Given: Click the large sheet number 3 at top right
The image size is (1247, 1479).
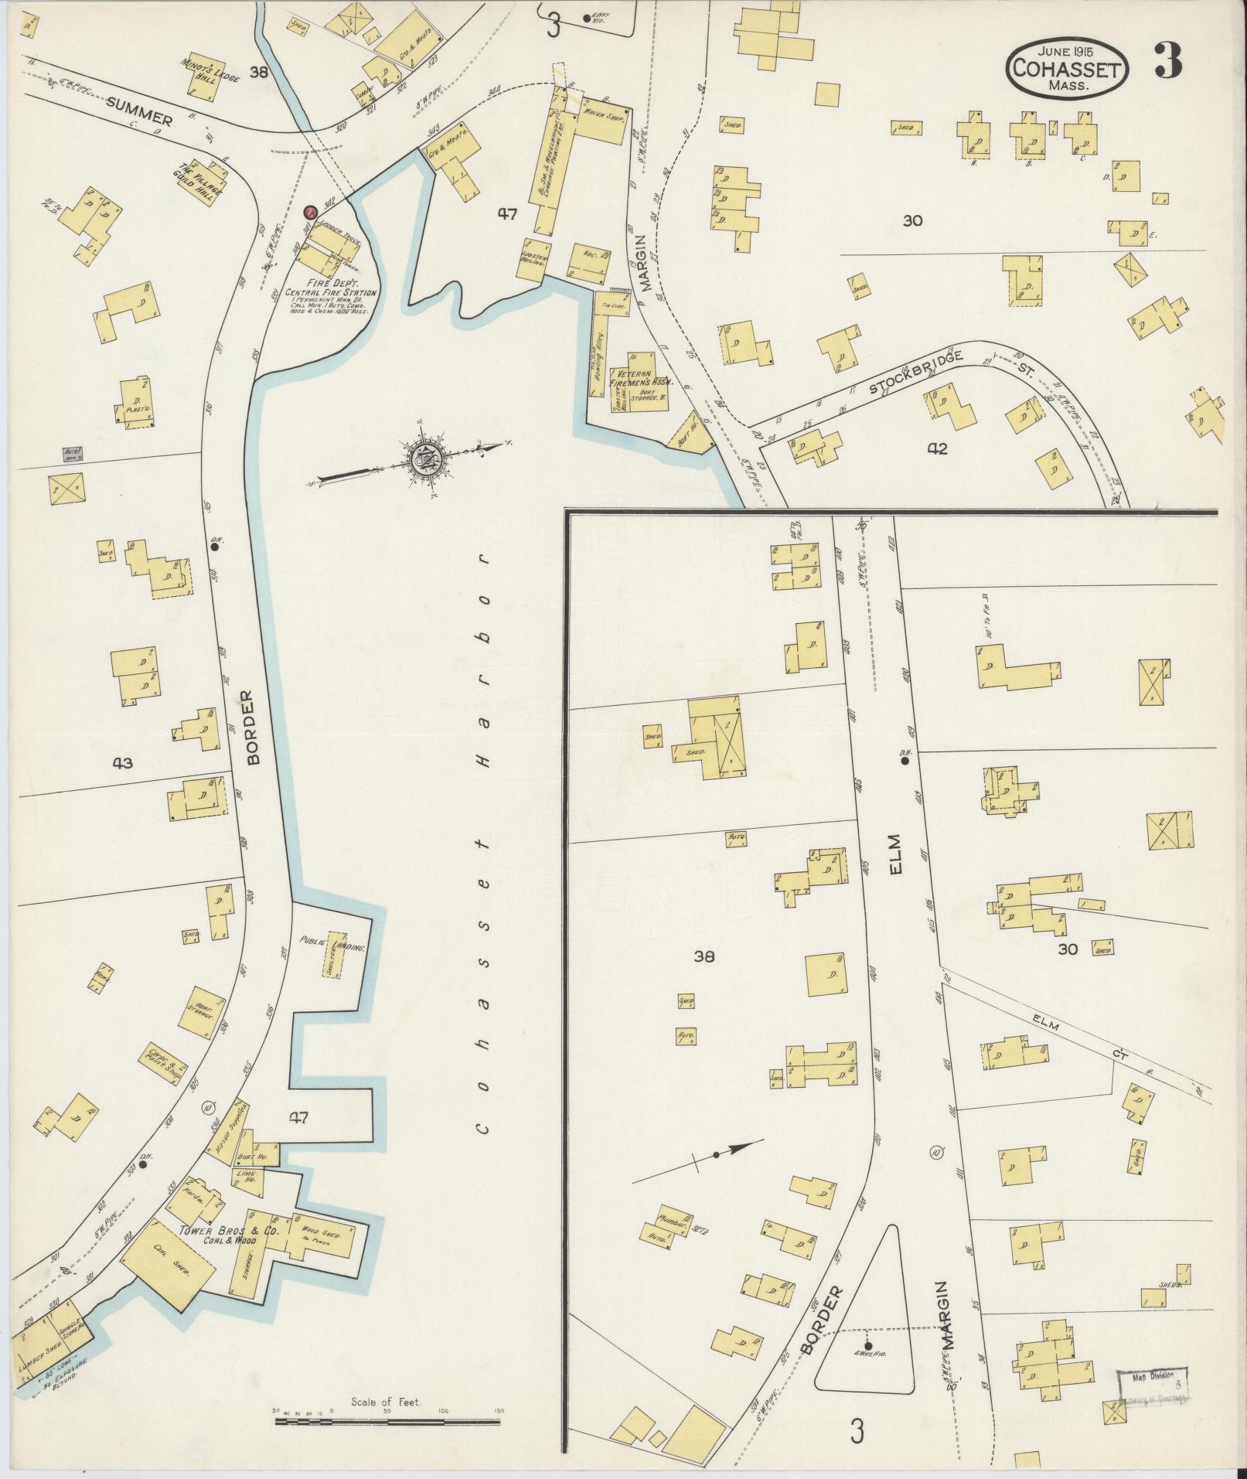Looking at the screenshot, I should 1168,61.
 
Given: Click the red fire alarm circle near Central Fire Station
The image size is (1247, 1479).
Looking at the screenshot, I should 310,212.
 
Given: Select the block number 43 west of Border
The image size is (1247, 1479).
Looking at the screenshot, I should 122,763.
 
